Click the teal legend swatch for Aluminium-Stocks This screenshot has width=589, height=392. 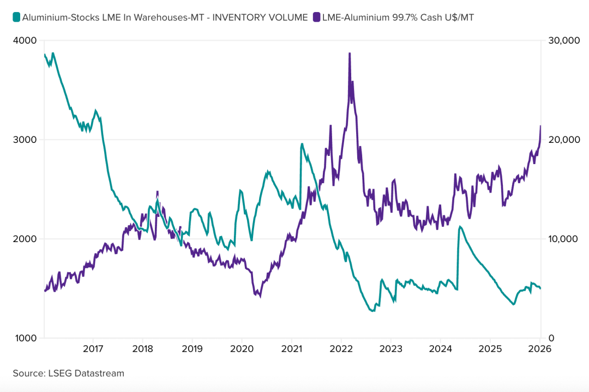[x=16, y=17]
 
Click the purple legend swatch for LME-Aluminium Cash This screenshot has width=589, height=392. [x=317, y=17]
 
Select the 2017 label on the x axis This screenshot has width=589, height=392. [x=93, y=348]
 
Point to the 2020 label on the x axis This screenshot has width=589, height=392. [x=242, y=348]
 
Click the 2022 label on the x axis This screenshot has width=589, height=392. [x=341, y=348]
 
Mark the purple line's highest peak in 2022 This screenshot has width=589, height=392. [x=350, y=53]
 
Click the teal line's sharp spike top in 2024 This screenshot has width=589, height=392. [x=460, y=226]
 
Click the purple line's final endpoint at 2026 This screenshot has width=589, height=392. [x=540, y=126]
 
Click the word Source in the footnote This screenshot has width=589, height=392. [x=27, y=373]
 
